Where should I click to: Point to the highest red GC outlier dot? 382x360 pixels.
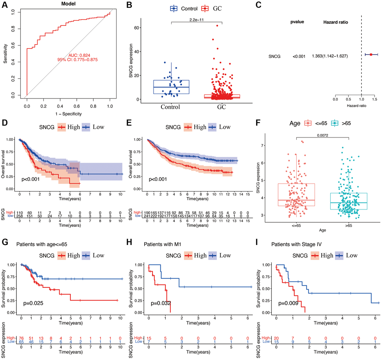click(x=217, y=25)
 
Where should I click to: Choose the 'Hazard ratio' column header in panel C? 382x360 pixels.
click(x=335, y=22)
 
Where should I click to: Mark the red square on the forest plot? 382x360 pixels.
click(x=371, y=55)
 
